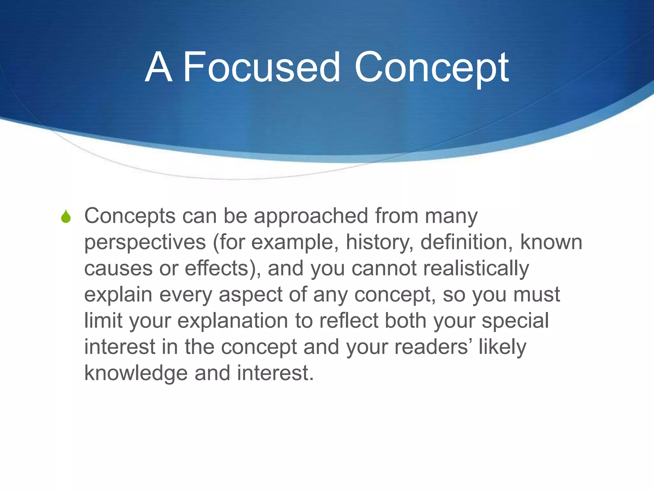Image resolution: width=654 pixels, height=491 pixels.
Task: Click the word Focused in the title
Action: tap(261, 67)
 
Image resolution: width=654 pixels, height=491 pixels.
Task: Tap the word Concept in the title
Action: tap(431, 67)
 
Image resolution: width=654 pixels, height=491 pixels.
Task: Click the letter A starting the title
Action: tap(159, 67)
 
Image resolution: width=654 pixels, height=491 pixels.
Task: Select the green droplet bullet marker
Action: tap(66, 216)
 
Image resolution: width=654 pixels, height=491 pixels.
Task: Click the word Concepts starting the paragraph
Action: tap(130, 216)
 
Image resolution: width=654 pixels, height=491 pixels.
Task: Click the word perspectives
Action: tap(145, 243)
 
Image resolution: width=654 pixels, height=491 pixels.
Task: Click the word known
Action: tap(551, 242)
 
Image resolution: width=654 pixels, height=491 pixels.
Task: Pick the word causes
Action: tap(118, 269)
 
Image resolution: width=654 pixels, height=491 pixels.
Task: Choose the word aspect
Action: tap(250, 295)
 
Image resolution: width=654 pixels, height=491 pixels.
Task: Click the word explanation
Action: tap(232, 321)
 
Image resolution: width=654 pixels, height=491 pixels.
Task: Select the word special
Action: tap(515, 321)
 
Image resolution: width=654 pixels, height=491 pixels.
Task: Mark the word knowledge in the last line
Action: tap(136, 373)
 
